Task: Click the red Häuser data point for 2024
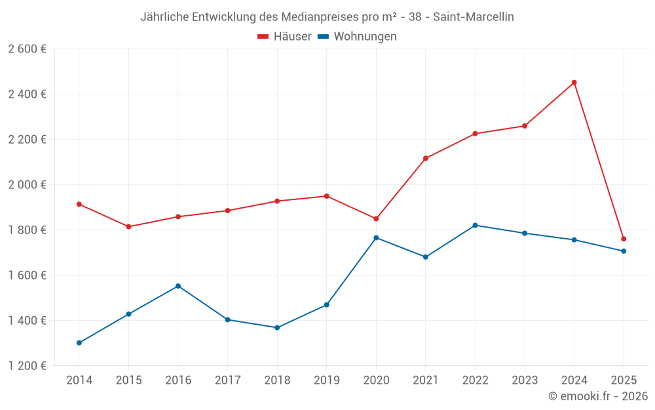[574, 83]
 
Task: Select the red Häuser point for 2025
[624, 239]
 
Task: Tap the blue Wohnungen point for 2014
[79, 343]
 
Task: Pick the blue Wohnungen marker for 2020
[376, 237]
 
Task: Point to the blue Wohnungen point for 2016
[178, 286]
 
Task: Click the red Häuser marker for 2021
[426, 158]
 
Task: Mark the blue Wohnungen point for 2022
[475, 225]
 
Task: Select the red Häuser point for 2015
[128, 227]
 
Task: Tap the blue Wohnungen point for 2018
[277, 327]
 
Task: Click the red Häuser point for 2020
[376, 218]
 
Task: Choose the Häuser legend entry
[284, 37]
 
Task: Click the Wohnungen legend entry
[357, 37]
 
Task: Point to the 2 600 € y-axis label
[27, 49]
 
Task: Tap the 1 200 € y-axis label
[27, 366]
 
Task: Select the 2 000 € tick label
[27, 185]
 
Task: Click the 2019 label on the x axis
[326, 380]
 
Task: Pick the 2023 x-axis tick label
[525, 380]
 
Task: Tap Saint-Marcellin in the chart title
[474, 17]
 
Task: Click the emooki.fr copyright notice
[597, 396]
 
